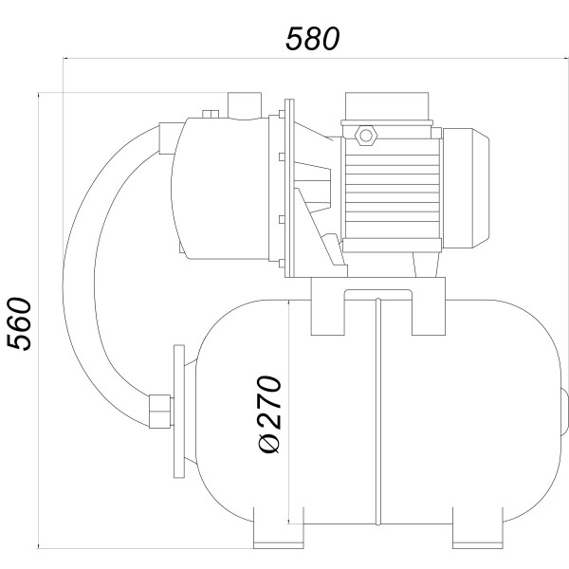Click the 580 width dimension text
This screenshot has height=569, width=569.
[312, 39]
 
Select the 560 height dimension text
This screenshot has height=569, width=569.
[20, 323]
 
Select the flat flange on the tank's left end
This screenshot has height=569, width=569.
[178, 417]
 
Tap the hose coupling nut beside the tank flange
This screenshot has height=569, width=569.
[158, 409]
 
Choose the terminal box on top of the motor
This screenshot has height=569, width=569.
[389, 109]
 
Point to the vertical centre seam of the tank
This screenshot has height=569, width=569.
[377, 417]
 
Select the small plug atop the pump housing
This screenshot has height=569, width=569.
[211, 115]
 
